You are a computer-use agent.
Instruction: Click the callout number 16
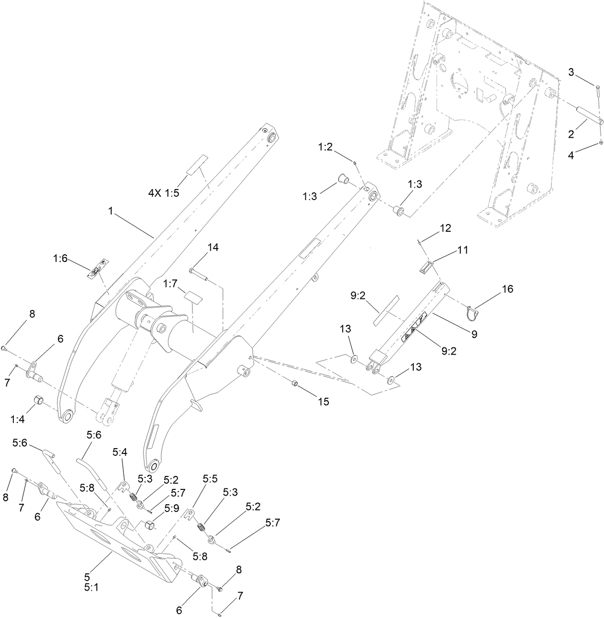tap(507, 289)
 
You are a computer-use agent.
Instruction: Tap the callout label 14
tap(213, 247)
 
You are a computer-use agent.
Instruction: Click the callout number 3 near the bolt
tap(571, 72)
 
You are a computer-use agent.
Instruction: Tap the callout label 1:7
tap(171, 284)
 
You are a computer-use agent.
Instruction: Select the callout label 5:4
tap(120, 452)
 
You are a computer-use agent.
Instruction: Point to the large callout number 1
tap(110, 211)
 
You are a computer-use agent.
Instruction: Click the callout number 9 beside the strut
tap(474, 334)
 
